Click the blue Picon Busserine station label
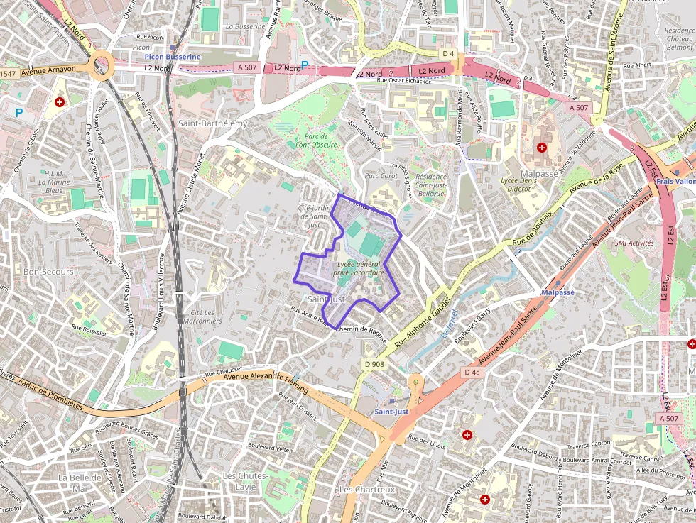click(173, 56)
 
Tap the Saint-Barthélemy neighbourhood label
click(213, 123)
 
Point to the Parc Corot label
click(381, 175)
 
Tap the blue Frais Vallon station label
click(675, 181)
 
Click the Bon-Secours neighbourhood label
click(48, 272)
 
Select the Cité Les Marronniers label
click(202, 316)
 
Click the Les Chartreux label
click(366, 490)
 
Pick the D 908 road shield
click(374, 364)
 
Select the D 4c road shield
click(472, 372)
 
